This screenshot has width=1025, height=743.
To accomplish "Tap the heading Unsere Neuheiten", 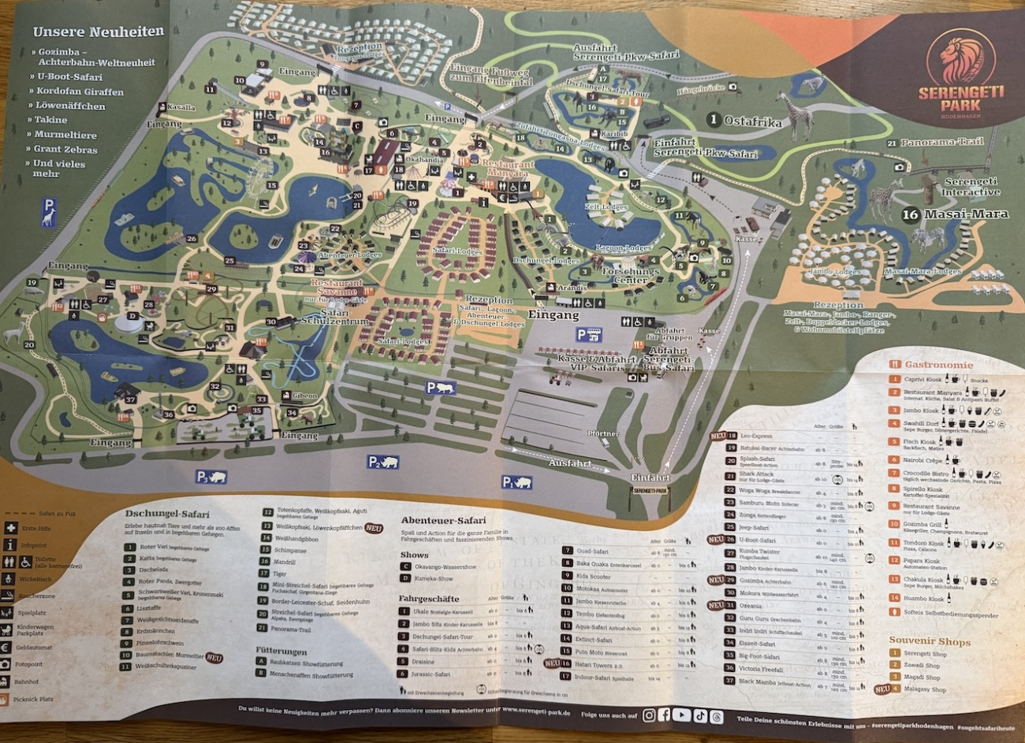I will coord(99,32).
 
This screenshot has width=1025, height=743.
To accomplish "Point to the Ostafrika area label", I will coord(753,121).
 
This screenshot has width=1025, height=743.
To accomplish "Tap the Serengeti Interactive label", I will coord(971,187).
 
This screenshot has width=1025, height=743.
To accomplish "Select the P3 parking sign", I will coord(211,476).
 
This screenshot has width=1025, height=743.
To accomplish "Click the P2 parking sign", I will coord(382,463).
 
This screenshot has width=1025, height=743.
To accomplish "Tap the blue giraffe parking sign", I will coord(49,210).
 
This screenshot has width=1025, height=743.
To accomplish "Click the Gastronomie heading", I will coord(938,365).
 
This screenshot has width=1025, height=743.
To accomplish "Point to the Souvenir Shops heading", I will coord(930,641).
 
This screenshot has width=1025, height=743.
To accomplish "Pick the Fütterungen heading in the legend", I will coord(281,651).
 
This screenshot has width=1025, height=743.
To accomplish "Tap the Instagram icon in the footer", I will coord(648,715).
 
